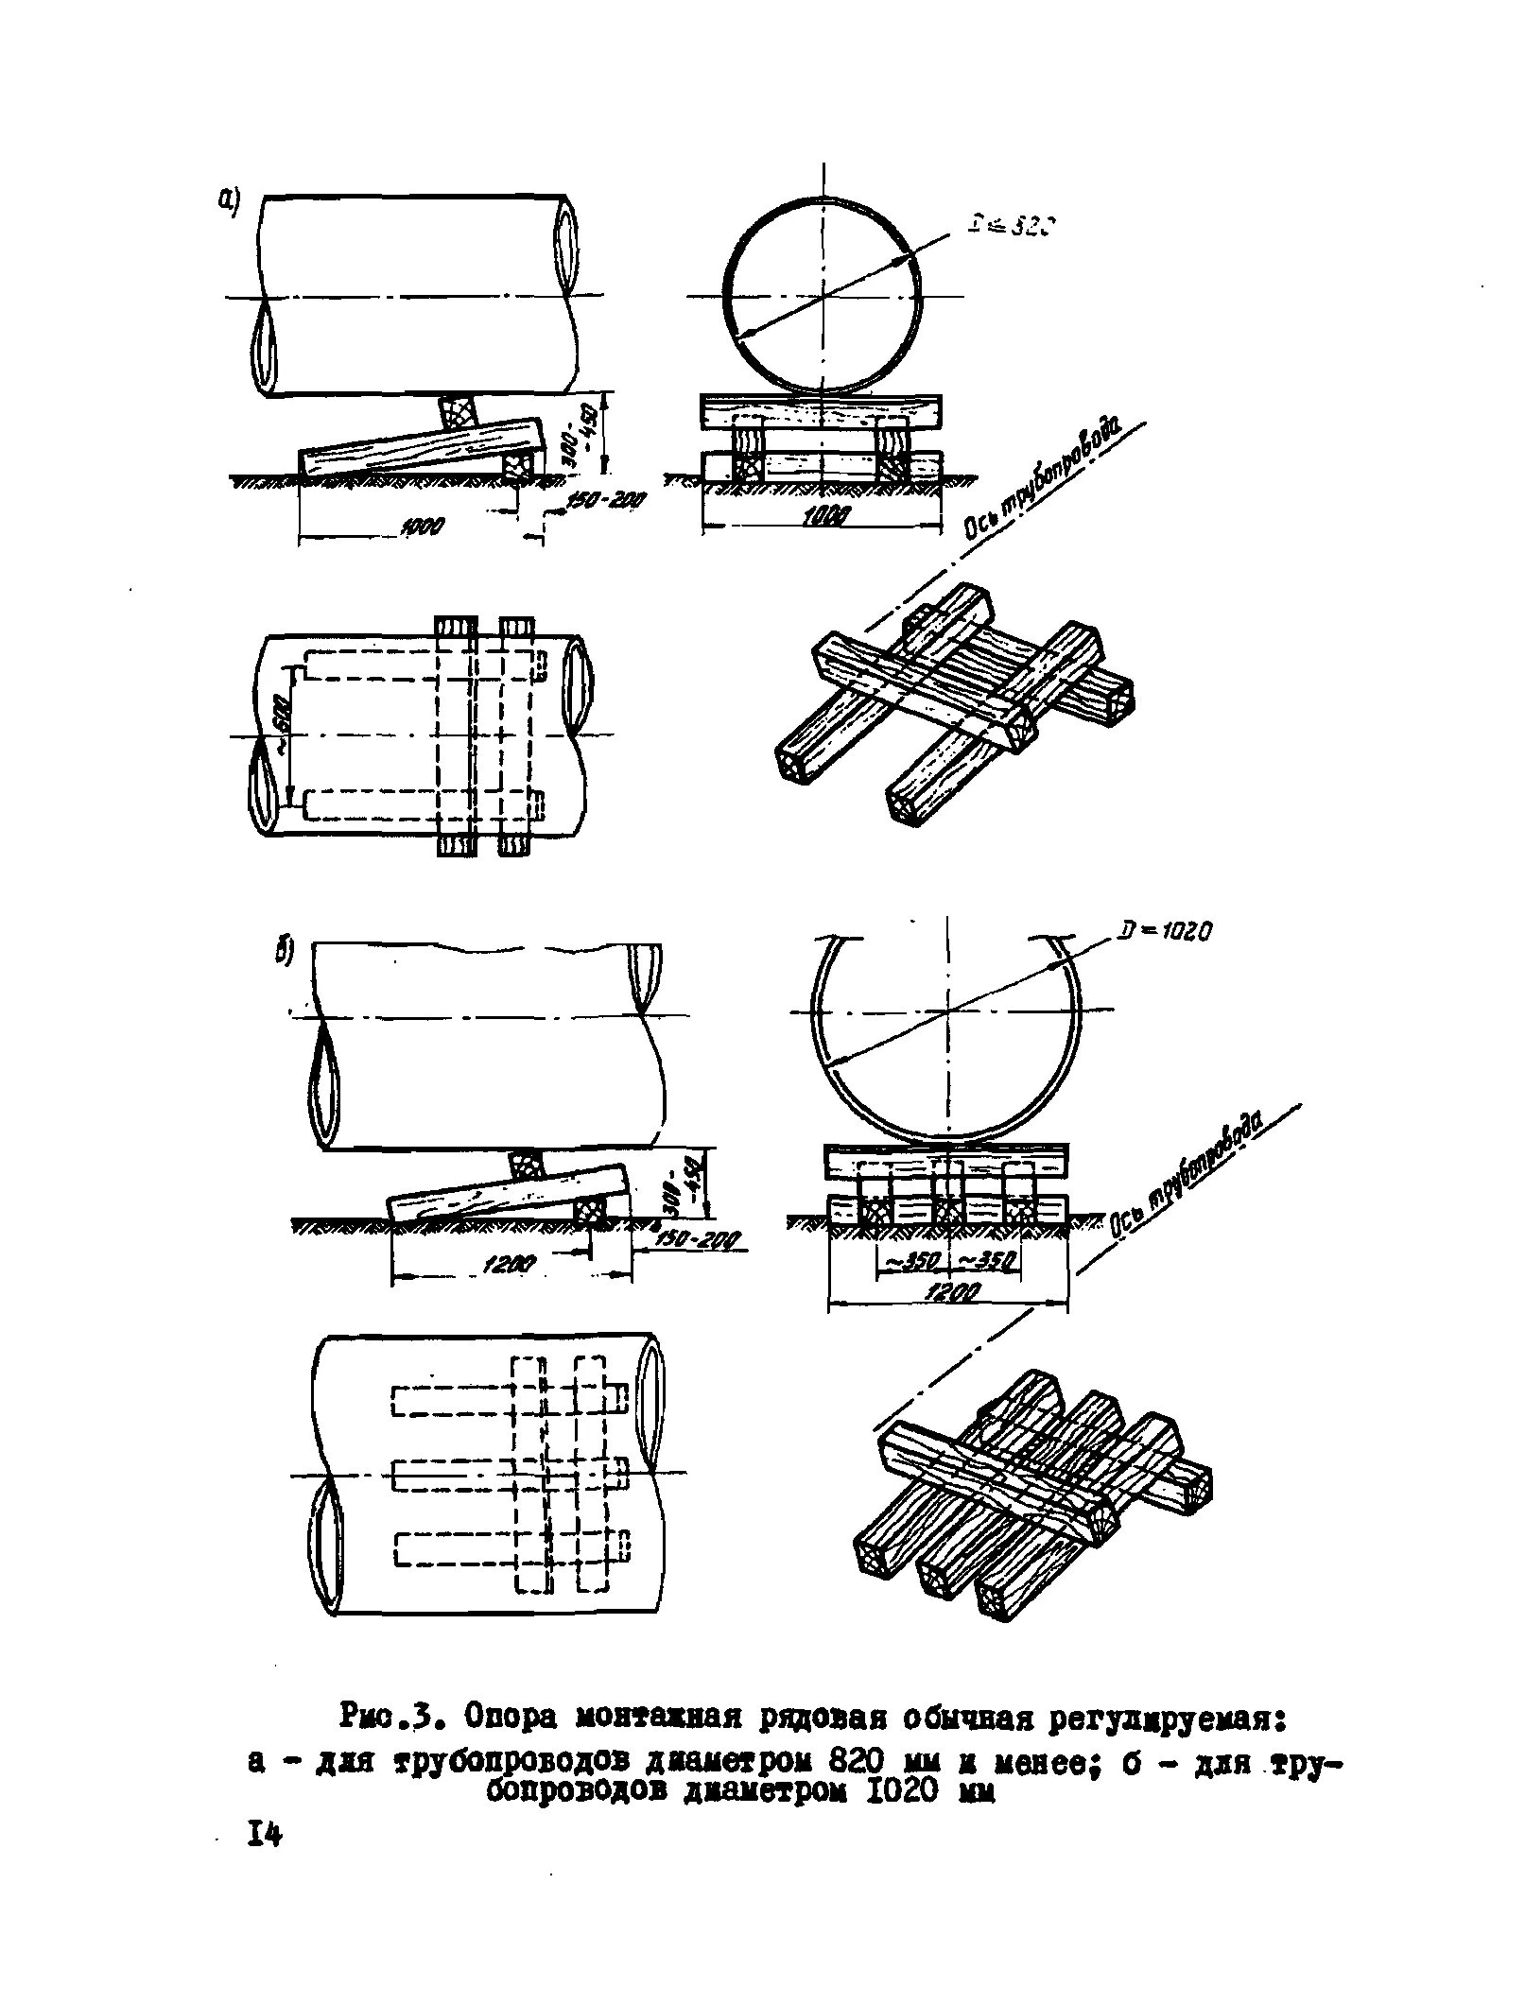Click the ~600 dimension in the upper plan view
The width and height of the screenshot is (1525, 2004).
(x=282, y=733)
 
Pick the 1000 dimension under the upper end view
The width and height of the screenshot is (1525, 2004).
(x=824, y=514)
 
